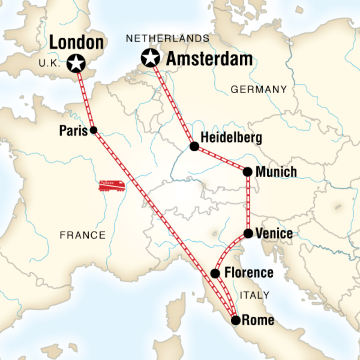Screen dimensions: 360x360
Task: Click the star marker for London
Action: point(76,63)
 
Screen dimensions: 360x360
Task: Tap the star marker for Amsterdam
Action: point(150,58)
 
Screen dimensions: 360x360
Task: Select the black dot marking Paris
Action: point(94,130)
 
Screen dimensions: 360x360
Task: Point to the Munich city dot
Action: point(247,171)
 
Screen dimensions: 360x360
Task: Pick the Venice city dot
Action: point(248,233)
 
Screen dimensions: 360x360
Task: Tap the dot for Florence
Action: point(216,273)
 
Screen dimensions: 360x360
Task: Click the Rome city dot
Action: point(235,320)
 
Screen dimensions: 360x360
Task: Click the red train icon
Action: point(112,185)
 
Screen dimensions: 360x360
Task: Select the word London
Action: point(76,42)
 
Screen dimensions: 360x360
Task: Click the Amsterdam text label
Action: point(209,59)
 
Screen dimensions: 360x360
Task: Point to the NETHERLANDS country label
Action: point(168,39)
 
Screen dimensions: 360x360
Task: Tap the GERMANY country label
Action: point(259,90)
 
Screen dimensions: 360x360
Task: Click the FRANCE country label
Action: point(83,235)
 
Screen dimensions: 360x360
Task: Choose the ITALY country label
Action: point(255,295)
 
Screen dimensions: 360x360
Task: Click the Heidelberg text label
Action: point(231,138)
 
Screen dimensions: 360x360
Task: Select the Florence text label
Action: point(248,273)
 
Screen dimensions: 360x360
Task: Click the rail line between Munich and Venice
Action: point(248,202)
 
